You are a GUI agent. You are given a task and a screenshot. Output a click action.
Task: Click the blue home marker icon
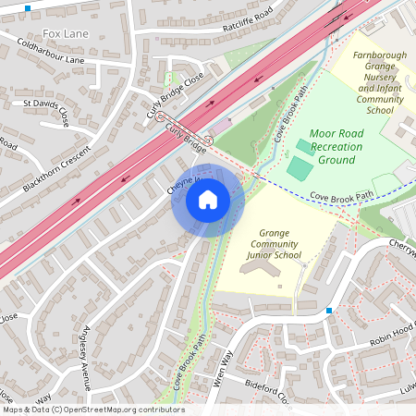click(208, 200)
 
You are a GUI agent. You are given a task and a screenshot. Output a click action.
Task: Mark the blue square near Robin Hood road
click(329, 311)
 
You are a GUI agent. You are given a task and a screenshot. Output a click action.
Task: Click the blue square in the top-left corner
click(28, 7)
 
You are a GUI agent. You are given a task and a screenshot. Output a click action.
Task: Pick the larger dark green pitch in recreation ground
click(300, 168)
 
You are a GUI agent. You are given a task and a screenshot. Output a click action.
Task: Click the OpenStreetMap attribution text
click(92, 410)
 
